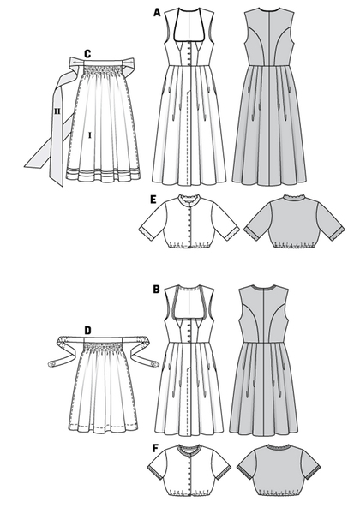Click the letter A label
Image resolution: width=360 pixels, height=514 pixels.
click(x=157, y=13)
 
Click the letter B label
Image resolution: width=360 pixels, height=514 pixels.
click(x=156, y=290)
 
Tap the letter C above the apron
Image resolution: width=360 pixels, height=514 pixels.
click(x=87, y=54)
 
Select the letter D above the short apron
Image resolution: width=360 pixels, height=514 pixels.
click(x=87, y=331)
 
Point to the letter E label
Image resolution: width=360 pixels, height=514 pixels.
click(x=153, y=200)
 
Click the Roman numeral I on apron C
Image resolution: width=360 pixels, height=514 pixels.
click(x=89, y=134)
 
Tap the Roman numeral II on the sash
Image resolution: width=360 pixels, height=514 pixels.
click(x=57, y=111)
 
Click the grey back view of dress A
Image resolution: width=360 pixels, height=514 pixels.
click(x=269, y=95)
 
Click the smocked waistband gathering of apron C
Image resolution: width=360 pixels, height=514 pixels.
click(x=102, y=70)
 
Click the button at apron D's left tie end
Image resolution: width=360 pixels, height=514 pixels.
click(x=51, y=363)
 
